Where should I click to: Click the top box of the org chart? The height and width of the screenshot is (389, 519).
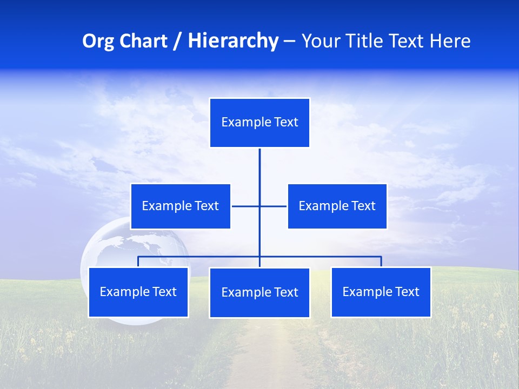point(259,123)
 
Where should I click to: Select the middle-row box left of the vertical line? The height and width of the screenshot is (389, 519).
point(181,206)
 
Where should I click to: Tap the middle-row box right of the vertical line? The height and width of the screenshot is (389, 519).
point(337,206)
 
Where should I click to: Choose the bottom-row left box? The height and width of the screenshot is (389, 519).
point(138,292)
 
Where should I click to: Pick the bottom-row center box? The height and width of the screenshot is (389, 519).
point(259,293)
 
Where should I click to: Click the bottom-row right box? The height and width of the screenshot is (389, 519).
point(381,292)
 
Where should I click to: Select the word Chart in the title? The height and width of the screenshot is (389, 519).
point(141,41)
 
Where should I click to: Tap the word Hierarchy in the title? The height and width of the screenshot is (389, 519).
point(233,41)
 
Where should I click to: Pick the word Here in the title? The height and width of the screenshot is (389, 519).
point(450,41)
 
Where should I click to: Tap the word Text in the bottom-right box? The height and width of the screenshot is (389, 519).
point(407,292)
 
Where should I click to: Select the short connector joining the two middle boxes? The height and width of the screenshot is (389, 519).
point(246,206)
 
